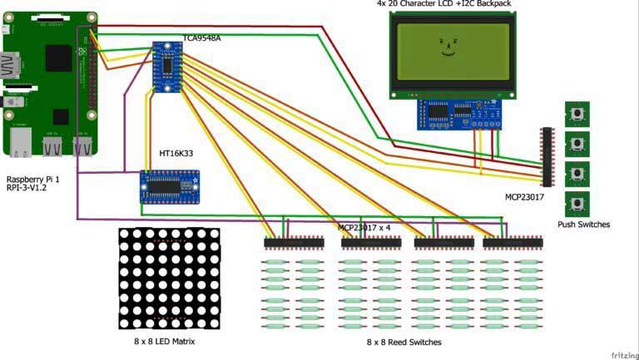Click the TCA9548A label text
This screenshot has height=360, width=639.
[x=202, y=39]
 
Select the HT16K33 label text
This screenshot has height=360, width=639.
[x=176, y=154]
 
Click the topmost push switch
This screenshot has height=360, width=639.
[x=577, y=113]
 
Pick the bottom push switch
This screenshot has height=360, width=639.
[x=577, y=204]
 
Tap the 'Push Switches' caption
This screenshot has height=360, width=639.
[x=583, y=224]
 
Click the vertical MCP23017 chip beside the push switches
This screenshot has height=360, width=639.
[x=547, y=156]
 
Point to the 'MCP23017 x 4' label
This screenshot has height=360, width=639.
[x=364, y=227]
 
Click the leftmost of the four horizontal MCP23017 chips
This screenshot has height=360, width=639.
[x=294, y=243]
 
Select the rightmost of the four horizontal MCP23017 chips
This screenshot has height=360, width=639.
[x=513, y=243]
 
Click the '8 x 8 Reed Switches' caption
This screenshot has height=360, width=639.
[x=404, y=342]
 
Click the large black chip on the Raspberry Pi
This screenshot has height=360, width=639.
[x=58, y=59]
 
